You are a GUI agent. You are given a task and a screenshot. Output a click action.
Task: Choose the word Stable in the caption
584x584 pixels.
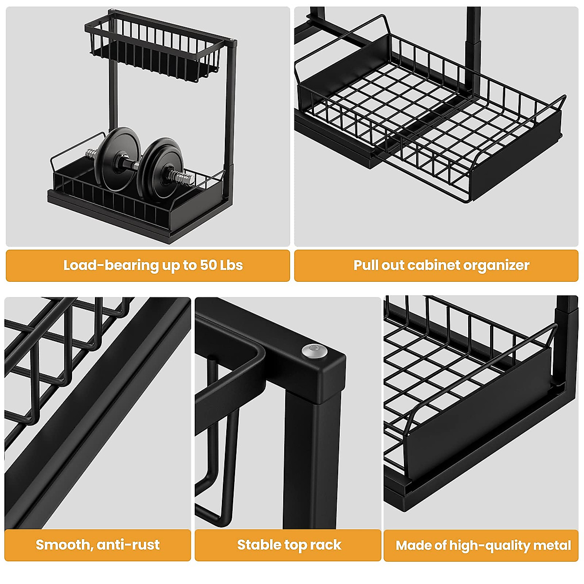[x=259, y=545]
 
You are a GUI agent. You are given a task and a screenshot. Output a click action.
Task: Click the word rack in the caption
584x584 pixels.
[x=326, y=545]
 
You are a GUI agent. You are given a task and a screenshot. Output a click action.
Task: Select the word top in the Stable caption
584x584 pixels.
[x=296, y=545]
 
